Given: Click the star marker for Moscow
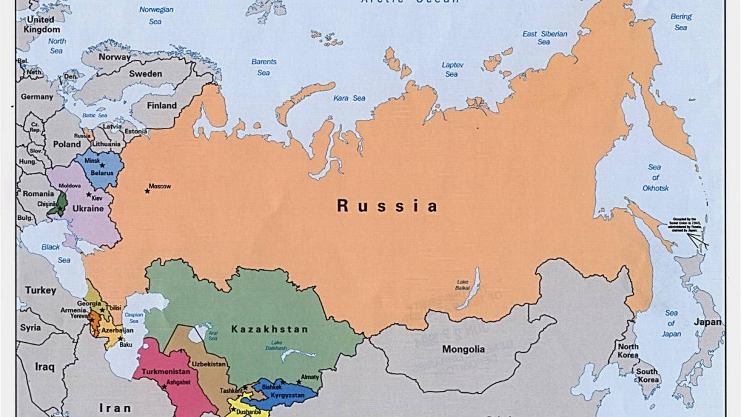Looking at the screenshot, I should click(147, 191).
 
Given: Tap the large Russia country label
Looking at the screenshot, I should click(387, 206).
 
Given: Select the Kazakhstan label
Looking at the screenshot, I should click(269, 329).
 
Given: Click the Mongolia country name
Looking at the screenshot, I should click(463, 350).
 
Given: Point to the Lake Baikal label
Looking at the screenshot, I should click(463, 285).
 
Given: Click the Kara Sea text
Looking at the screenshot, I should click(350, 98).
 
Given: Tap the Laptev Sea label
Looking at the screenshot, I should click(452, 69).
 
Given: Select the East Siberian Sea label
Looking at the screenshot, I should click(544, 38).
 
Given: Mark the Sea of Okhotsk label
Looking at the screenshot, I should click(655, 177).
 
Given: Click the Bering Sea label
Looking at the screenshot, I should click(680, 22).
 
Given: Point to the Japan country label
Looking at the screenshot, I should click(707, 322).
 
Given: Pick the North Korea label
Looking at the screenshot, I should click(628, 351).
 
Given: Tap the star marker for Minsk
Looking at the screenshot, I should click(103, 165).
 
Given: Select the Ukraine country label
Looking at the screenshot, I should click(88, 209).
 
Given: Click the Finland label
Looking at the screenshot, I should click(161, 106).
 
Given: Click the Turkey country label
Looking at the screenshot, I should click(41, 290).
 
